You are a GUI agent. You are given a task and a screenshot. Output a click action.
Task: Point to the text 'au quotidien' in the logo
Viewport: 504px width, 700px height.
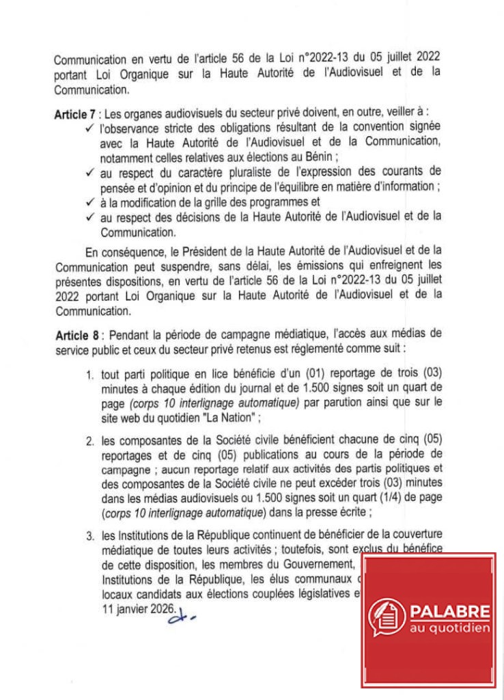pyautogui.click(x=450, y=628)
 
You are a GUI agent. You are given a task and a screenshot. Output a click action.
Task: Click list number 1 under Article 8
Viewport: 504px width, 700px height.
pyautogui.click(x=89, y=375)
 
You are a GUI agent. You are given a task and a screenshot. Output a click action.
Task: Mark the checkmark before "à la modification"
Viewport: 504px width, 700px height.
pyautogui.click(x=90, y=202)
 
